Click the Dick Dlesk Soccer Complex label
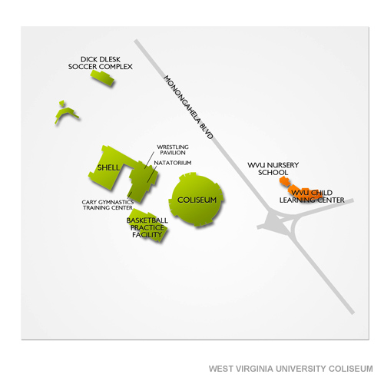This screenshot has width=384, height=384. click(101, 63)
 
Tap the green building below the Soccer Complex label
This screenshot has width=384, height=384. click(102, 78)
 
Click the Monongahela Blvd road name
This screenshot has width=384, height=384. click(188, 108)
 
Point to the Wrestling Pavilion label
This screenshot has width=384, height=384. click(173, 150)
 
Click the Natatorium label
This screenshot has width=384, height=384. click(173, 163)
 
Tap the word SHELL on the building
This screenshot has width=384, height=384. click(108, 167)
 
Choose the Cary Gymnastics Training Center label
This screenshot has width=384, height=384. click(108, 205)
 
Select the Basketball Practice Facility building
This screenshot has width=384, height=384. click(148, 225)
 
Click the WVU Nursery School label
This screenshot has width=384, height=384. click(273, 169)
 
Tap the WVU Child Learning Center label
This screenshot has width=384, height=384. click(312, 197)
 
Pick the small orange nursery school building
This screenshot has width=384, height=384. click(285, 181)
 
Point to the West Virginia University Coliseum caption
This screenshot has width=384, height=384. click(290, 369)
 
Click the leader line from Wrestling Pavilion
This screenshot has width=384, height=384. click(150, 160)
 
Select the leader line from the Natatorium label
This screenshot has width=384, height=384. click(152, 174)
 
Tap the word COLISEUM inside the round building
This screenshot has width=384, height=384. click(197, 200)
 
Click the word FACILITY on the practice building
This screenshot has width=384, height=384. click(147, 234)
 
